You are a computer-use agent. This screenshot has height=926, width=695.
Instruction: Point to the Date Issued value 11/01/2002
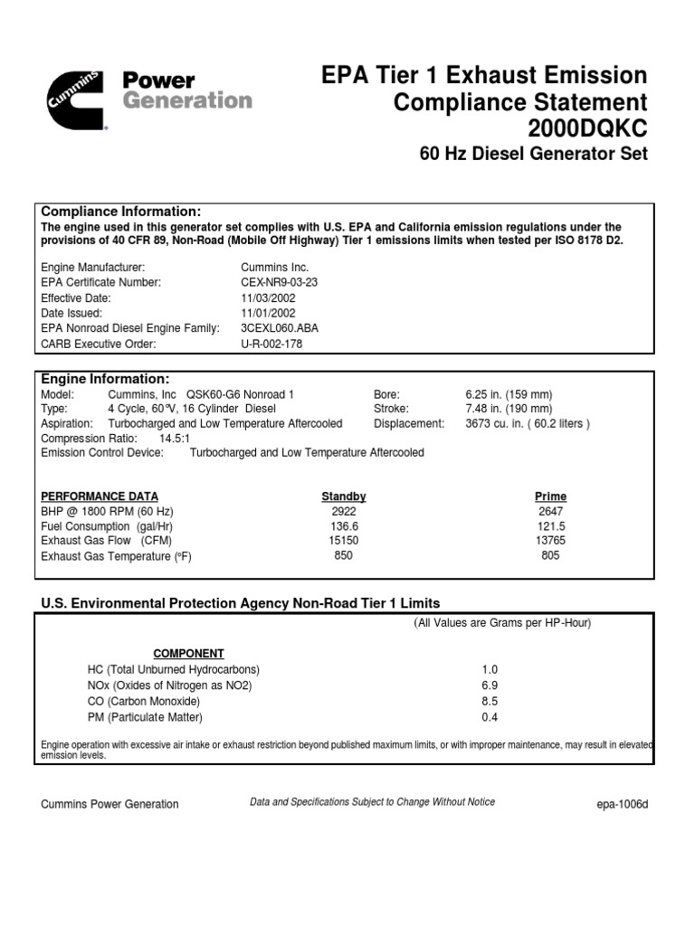point(268,313)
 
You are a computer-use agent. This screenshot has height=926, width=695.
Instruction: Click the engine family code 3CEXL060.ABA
point(281,328)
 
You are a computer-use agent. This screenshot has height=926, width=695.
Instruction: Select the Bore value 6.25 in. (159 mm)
point(509,395)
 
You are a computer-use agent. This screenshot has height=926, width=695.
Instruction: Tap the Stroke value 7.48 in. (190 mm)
point(509,410)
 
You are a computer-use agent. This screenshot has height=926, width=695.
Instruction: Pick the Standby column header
point(344,496)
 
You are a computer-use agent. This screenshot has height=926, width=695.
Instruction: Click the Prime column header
point(550,496)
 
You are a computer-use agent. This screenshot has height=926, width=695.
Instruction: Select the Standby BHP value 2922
point(345,511)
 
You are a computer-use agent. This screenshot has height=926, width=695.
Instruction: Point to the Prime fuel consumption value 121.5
point(550,526)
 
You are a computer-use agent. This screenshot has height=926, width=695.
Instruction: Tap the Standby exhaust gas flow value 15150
point(345,541)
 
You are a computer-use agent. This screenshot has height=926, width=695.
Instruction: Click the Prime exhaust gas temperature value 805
point(550,555)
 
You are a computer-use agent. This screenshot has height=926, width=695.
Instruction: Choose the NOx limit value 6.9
point(490,685)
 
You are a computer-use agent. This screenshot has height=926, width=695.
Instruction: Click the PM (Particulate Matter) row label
point(145,717)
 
